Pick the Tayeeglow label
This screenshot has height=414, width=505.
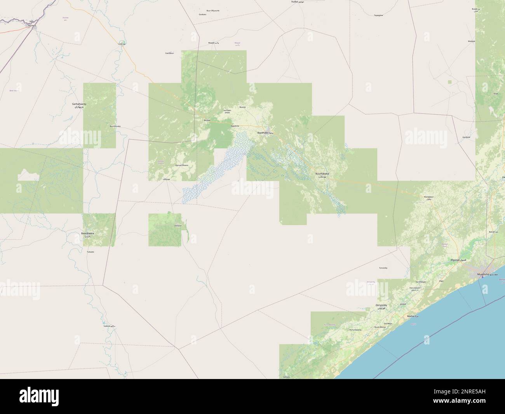tap(378, 15)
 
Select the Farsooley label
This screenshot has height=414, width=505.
tap(383, 268)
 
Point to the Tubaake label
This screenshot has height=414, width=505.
tap(91, 252)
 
